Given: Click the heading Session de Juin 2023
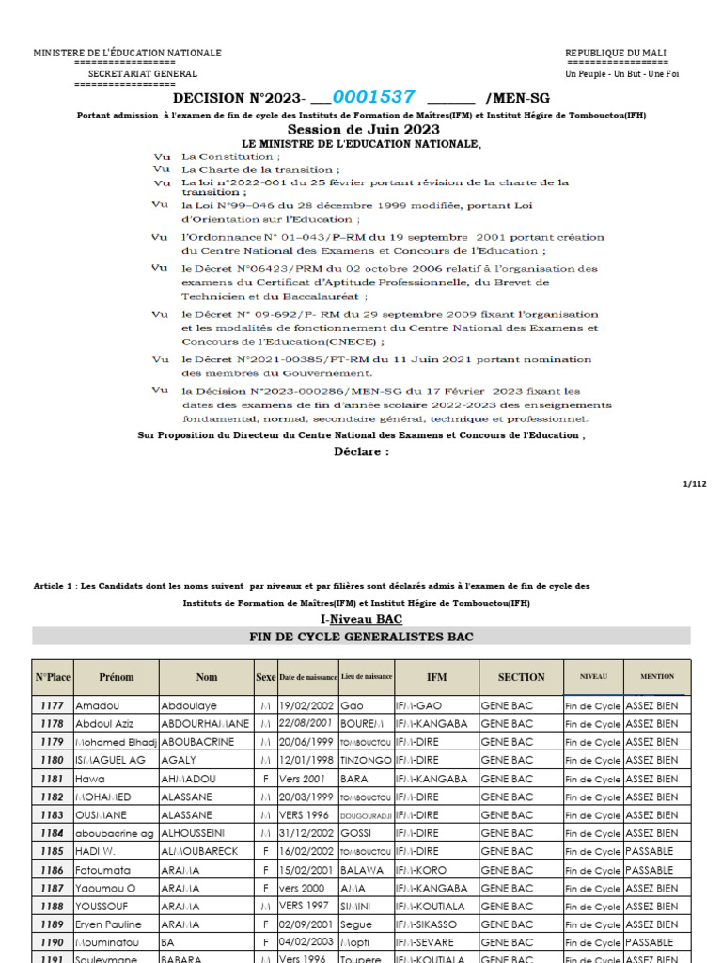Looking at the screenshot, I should click(363, 130).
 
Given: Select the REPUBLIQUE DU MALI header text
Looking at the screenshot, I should click(616, 53).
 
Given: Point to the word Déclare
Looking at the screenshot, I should click(361, 451).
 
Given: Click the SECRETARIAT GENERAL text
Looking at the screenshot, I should click(143, 73).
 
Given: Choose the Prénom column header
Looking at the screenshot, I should click(117, 677).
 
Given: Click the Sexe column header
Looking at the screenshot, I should click(265, 677).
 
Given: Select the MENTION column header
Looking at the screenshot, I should click(657, 676).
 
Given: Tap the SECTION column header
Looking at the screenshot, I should click(521, 677).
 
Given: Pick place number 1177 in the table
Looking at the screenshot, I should click(53, 705).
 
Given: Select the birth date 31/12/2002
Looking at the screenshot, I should click(304, 833).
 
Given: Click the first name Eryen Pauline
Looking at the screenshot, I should click(109, 924).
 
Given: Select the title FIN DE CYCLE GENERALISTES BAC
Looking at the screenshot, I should click(361, 638).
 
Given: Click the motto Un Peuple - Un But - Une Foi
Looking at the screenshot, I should click(621, 73).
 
